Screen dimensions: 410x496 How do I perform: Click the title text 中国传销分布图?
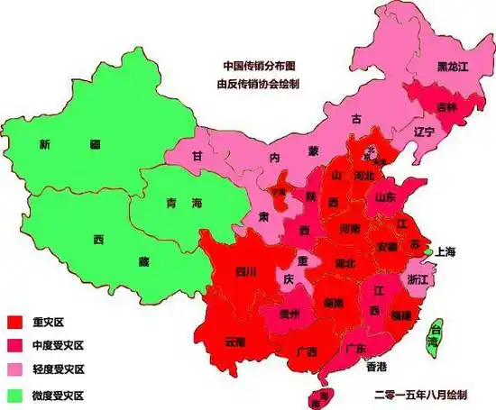tap(259, 66)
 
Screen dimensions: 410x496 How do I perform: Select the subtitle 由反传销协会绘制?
tap(258, 84)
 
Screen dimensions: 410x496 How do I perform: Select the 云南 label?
tap(234, 342)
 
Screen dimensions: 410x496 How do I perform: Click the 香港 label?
tap(376, 366)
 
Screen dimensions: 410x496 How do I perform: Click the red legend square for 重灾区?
tap(14, 322)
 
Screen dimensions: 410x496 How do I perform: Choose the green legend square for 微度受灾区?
tap(14, 395)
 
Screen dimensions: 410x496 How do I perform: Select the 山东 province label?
tap(385, 196)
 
